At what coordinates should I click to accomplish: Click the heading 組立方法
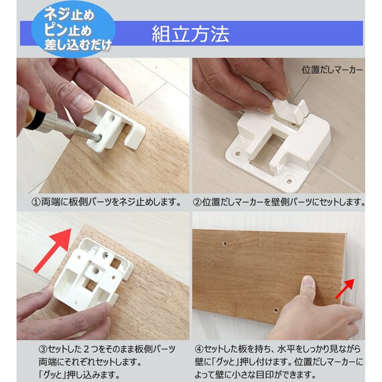(190, 34)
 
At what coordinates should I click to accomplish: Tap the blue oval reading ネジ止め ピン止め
(74, 29)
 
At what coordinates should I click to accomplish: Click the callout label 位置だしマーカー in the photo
(332, 70)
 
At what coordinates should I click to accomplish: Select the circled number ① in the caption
(36, 202)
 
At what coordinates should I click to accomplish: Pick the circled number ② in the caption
(197, 202)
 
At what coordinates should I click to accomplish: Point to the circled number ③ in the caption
(43, 349)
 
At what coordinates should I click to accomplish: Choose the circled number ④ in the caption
(199, 349)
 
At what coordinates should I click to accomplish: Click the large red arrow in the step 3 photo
(54, 249)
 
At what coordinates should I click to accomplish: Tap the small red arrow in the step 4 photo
(344, 288)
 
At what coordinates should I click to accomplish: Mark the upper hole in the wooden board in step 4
(225, 243)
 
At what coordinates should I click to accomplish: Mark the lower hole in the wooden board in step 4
(275, 310)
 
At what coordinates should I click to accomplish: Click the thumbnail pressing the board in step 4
(308, 282)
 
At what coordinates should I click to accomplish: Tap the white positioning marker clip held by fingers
(290, 111)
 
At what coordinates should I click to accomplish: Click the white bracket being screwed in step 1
(115, 126)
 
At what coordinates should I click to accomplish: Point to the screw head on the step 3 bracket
(106, 255)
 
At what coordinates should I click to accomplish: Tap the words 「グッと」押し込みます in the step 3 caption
(80, 374)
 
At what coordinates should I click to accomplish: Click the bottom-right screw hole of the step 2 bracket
(289, 181)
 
